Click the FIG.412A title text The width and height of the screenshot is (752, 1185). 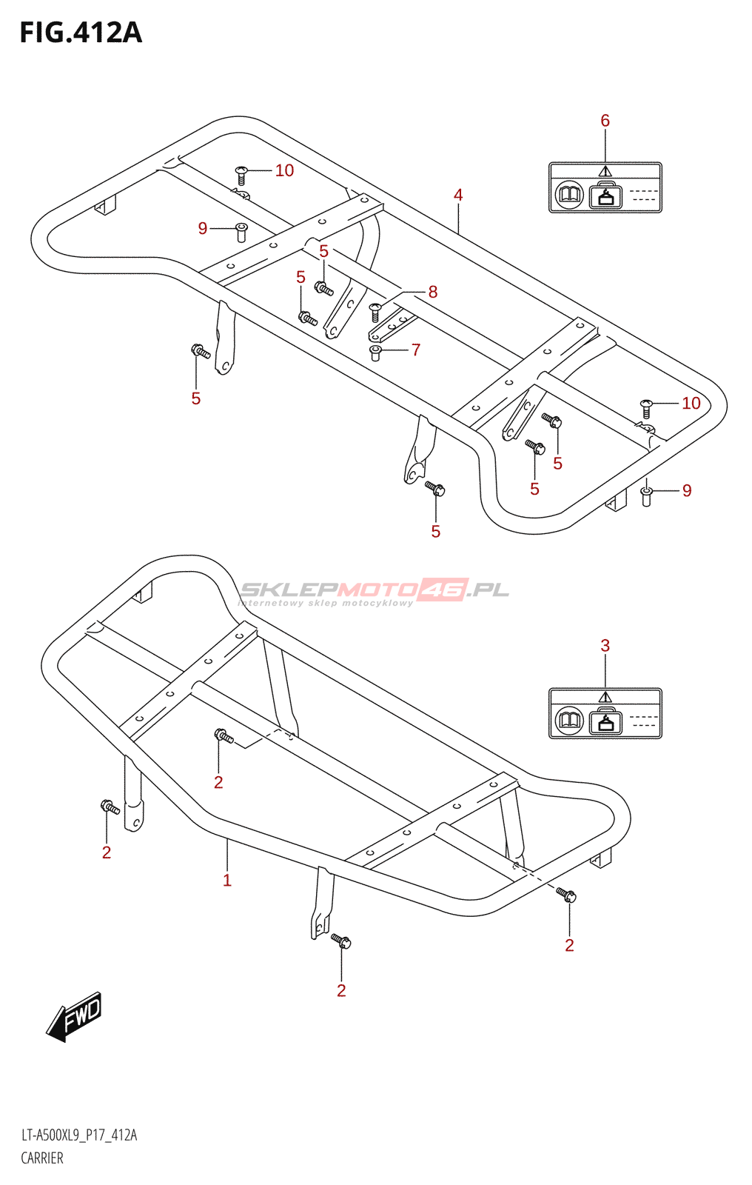coord(80,33)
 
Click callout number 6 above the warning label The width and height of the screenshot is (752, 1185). coord(605,121)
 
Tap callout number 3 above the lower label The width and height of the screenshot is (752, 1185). coord(605,646)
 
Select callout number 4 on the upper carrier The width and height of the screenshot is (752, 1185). coord(458,195)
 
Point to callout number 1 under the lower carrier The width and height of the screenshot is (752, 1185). coord(227,880)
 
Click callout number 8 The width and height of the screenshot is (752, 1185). coord(433,292)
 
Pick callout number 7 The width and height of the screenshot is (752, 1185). coord(416,350)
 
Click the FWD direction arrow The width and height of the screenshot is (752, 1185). coord(74,1016)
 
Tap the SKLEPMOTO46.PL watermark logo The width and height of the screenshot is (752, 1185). coord(375,591)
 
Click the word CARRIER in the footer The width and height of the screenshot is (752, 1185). coord(42,1158)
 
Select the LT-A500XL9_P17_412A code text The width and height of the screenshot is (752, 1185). coord(78,1135)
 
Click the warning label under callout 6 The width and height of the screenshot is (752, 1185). coord(605,188)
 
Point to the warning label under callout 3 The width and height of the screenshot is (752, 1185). coord(605,713)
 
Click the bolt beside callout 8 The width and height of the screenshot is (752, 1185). coord(375,311)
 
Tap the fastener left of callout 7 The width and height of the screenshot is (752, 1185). coord(375,352)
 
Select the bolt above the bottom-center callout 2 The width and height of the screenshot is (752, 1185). coord(341,941)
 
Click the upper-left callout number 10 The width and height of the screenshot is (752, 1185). coord(284,170)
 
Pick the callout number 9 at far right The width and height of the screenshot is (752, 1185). coord(687,490)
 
